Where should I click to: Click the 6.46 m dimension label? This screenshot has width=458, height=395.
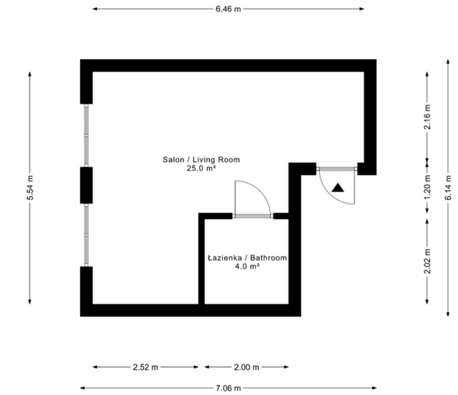(228, 9)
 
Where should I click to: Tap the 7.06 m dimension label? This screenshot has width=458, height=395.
(228, 388)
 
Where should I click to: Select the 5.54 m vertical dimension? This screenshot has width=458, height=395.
(30, 187)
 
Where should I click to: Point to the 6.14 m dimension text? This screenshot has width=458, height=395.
(448, 187)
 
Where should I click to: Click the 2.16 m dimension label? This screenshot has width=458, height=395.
(427, 117)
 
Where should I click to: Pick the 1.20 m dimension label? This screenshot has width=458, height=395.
(427, 187)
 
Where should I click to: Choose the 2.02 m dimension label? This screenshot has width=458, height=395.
(427, 261)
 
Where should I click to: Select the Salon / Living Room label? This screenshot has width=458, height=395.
(201, 160)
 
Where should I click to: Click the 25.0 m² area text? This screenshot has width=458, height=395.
(201, 168)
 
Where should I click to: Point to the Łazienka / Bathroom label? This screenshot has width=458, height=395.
(247, 258)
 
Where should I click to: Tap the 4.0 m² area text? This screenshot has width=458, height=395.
(247, 266)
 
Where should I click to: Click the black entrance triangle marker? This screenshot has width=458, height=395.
(338, 188)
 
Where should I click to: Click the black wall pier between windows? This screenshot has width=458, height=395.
(86, 185)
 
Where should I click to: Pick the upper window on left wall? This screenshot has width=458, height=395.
(87, 136)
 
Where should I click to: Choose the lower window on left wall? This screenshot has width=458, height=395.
(87, 235)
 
